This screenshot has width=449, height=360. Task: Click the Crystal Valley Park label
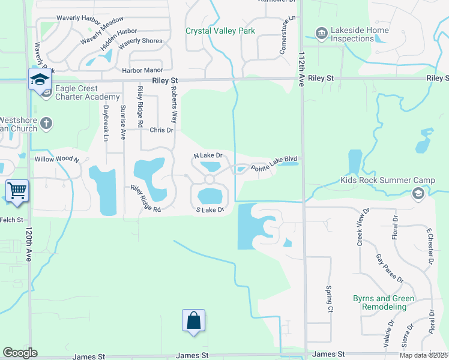point(220,31)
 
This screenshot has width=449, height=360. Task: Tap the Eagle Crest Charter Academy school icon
point(39,79)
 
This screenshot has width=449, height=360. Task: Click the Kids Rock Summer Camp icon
point(418,193)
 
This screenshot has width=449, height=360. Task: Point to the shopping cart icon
point(17,191)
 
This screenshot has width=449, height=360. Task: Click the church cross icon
point(46,124)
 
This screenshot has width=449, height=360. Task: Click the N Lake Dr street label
point(208,155)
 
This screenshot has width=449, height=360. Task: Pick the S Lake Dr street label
point(210,210)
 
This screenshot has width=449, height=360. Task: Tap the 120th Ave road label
point(28,244)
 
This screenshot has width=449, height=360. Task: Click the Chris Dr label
point(161,130)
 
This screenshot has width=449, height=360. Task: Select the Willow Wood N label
point(57,160)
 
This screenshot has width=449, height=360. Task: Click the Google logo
point(20,353)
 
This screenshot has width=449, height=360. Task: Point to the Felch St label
point(11,220)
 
